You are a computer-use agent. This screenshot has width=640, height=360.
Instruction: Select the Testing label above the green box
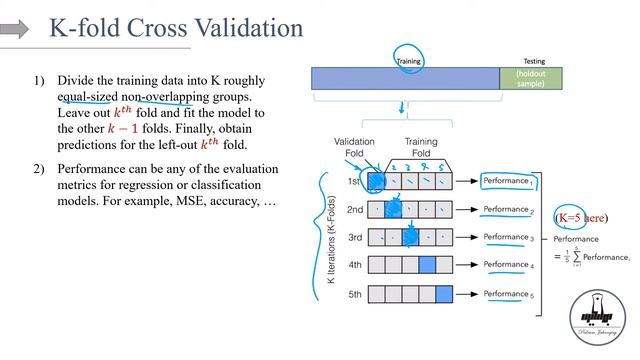click(x=535, y=61)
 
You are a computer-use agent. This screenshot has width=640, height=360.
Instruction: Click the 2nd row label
click(x=355, y=210)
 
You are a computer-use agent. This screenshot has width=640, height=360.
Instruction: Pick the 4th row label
click(x=355, y=266)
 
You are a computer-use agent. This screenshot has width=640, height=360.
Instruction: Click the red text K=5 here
click(x=580, y=217)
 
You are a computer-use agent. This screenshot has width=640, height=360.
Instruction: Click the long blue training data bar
click(x=405, y=78)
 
